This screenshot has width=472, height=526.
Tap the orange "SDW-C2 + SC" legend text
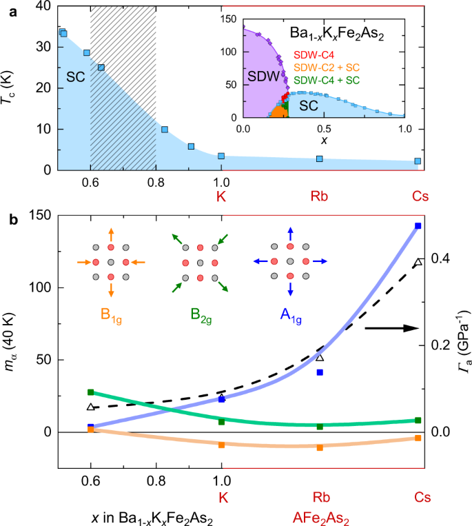coord(332,68)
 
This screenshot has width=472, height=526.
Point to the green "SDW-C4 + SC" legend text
coord(332,79)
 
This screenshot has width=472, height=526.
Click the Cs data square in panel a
coord(418,161)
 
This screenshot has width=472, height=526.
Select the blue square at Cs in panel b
coord(418,226)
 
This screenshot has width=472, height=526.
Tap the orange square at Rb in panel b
coord(319,447)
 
